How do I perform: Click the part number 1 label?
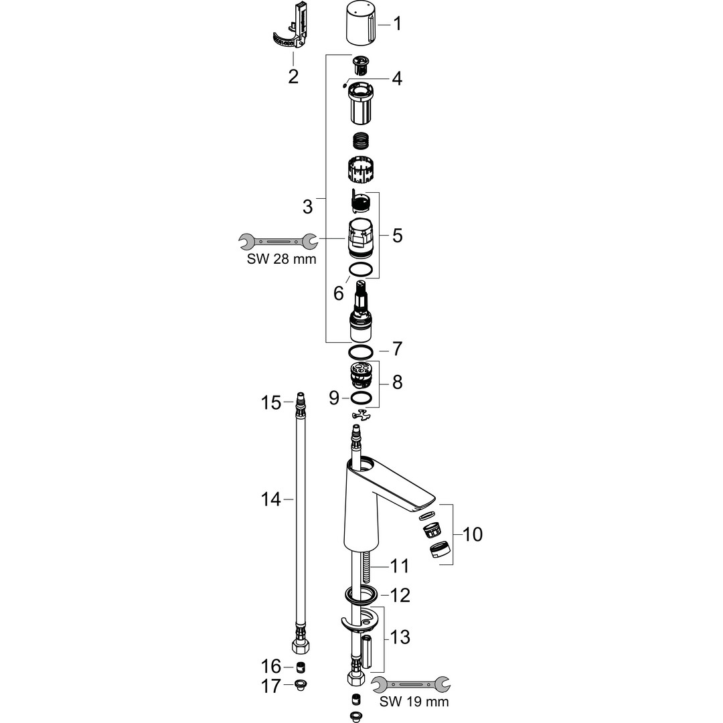click(x=397, y=23)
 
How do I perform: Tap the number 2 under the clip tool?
click(x=293, y=76)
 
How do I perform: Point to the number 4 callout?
click(x=397, y=78)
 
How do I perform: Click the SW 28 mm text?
click(x=281, y=259)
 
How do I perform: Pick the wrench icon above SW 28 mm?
click(x=278, y=241)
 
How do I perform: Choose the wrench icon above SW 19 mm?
click(x=411, y=684)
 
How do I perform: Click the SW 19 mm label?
click(x=414, y=702)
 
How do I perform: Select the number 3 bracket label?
click(x=307, y=207)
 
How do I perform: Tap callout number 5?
click(x=397, y=236)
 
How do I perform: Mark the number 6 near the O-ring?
click(x=339, y=293)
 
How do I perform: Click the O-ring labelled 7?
click(x=361, y=352)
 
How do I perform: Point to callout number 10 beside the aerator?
click(x=472, y=534)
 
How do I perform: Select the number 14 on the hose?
click(x=270, y=499)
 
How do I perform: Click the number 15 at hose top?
click(x=270, y=402)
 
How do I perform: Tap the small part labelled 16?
click(x=301, y=667)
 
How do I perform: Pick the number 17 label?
click(x=270, y=686)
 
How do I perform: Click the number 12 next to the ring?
click(x=399, y=595)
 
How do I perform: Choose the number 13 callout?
click(x=399, y=637)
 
